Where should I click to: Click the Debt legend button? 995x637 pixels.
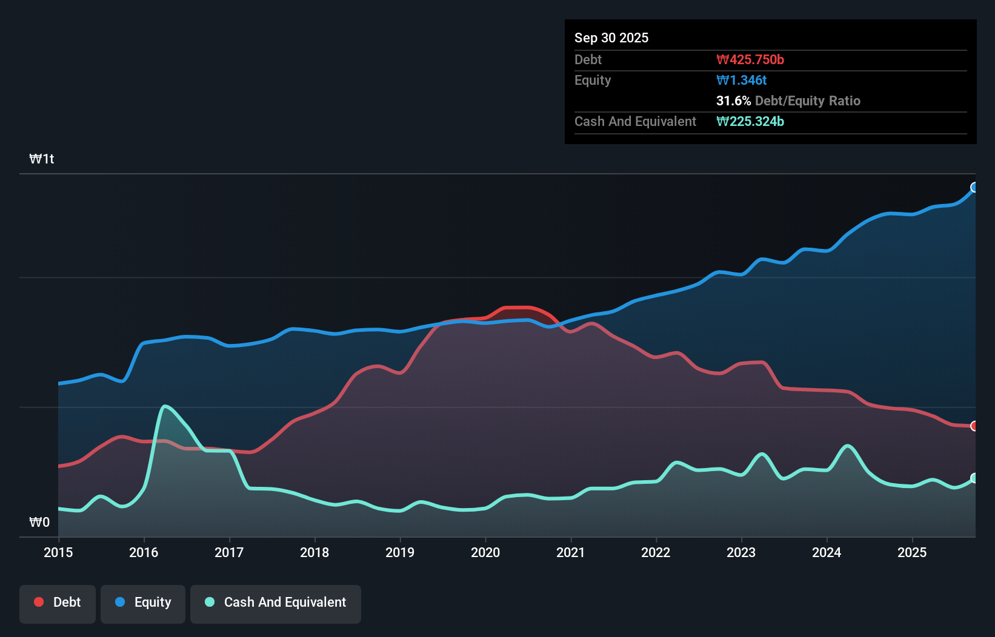coord(58,602)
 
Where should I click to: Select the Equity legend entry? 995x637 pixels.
coord(143,602)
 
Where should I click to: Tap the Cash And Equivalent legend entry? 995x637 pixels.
coord(276,602)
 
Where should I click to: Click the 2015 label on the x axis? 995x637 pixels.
coord(58,552)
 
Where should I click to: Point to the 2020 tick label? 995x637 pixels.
coord(485,552)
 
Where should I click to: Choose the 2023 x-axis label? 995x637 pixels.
coord(741,552)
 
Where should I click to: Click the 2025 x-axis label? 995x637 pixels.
coord(912,552)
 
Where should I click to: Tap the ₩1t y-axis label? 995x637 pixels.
coord(42,159)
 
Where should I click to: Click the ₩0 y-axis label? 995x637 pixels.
coord(39,522)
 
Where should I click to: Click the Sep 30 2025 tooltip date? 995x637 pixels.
coord(611,38)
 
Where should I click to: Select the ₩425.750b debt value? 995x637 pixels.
coord(750,59)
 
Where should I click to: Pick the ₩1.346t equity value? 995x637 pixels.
coord(742,80)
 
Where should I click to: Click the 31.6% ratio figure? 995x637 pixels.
coord(733,101)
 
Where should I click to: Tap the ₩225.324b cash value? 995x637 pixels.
coord(750,121)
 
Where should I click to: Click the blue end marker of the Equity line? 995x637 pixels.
coord(974,187)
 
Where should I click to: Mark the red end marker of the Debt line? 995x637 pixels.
coord(974,426)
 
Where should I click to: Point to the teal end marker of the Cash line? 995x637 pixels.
coord(974,478)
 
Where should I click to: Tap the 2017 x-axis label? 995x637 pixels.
coord(229,552)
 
